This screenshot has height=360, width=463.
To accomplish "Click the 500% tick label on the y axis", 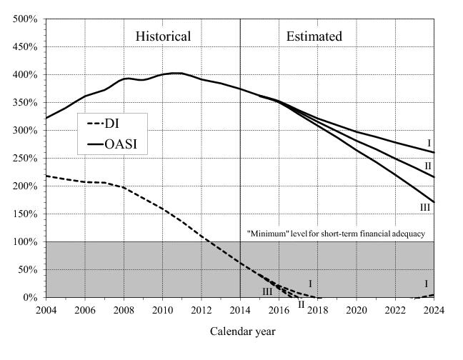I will point(26,19).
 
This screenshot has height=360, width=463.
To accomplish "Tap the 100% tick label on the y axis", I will point(26,242).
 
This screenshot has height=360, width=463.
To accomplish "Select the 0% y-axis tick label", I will point(31,298).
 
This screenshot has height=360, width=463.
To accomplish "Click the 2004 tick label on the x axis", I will point(46,310).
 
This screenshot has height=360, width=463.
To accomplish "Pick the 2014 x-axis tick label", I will point(239,310).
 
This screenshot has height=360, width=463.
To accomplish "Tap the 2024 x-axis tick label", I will point(433,310).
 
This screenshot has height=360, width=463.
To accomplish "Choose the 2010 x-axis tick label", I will point(162,310).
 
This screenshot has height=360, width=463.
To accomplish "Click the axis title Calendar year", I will point(242,332).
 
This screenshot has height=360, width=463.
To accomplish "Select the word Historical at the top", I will point(163,36).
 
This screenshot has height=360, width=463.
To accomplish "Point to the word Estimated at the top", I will point(314,36).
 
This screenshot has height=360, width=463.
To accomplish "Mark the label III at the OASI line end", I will point(425,207).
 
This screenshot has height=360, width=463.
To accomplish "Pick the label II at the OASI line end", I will point(428,166).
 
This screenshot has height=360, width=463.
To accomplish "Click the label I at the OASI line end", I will point(429,144).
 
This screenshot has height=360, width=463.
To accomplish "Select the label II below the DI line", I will point(302,304).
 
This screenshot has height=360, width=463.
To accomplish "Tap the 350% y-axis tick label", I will point(26,103).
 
